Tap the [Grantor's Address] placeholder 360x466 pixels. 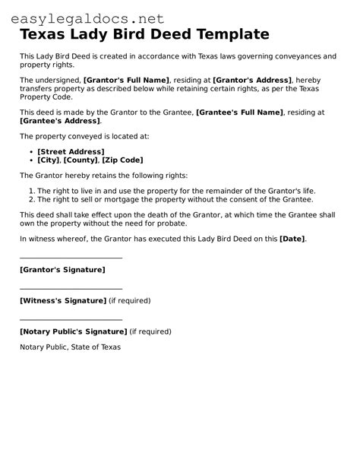tap(252, 80)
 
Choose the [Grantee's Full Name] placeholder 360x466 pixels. tap(240, 112)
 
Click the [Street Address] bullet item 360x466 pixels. tap(71, 152)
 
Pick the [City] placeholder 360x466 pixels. tap(49, 160)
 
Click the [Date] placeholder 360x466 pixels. tap(292, 239)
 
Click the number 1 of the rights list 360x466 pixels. tap(30, 191)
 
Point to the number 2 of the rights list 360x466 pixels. tap(30, 199)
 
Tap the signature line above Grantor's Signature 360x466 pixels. tap(71, 258)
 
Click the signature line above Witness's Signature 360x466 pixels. tap(71, 289)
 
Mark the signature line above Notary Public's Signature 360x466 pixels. tap(71, 320)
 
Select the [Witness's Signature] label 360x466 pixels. tap(63, 300)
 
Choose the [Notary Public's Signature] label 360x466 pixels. tap(73, 331)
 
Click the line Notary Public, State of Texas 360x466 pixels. tap(70, 347)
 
